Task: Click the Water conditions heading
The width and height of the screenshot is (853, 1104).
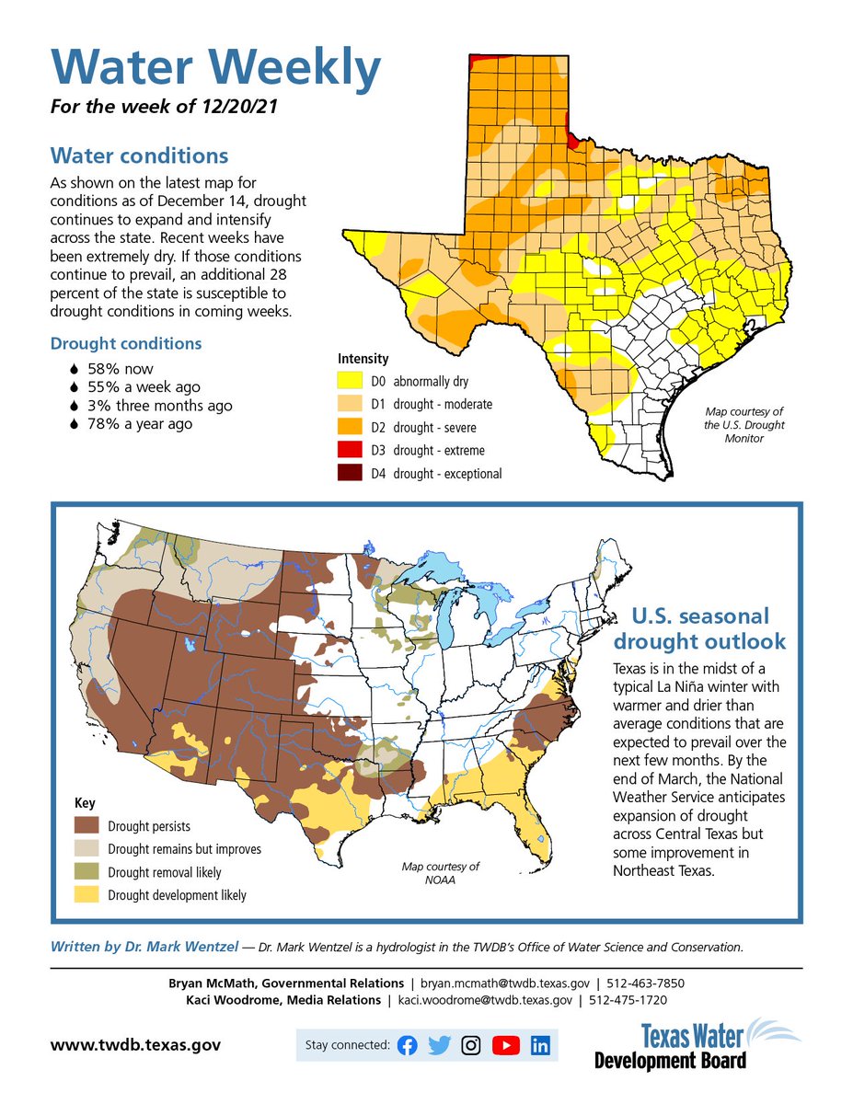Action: [139, 155]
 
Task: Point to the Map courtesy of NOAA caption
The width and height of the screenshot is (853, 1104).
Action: [441, 873]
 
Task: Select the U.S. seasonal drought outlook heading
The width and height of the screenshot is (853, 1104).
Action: [699, 628]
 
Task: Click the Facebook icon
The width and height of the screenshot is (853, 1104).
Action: [407, 1045]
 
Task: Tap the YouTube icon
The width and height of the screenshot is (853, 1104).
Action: [505, 1045]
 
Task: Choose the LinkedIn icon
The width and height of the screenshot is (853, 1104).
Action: [540, 1045]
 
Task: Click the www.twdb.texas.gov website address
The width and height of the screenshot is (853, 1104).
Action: [134, 1045]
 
